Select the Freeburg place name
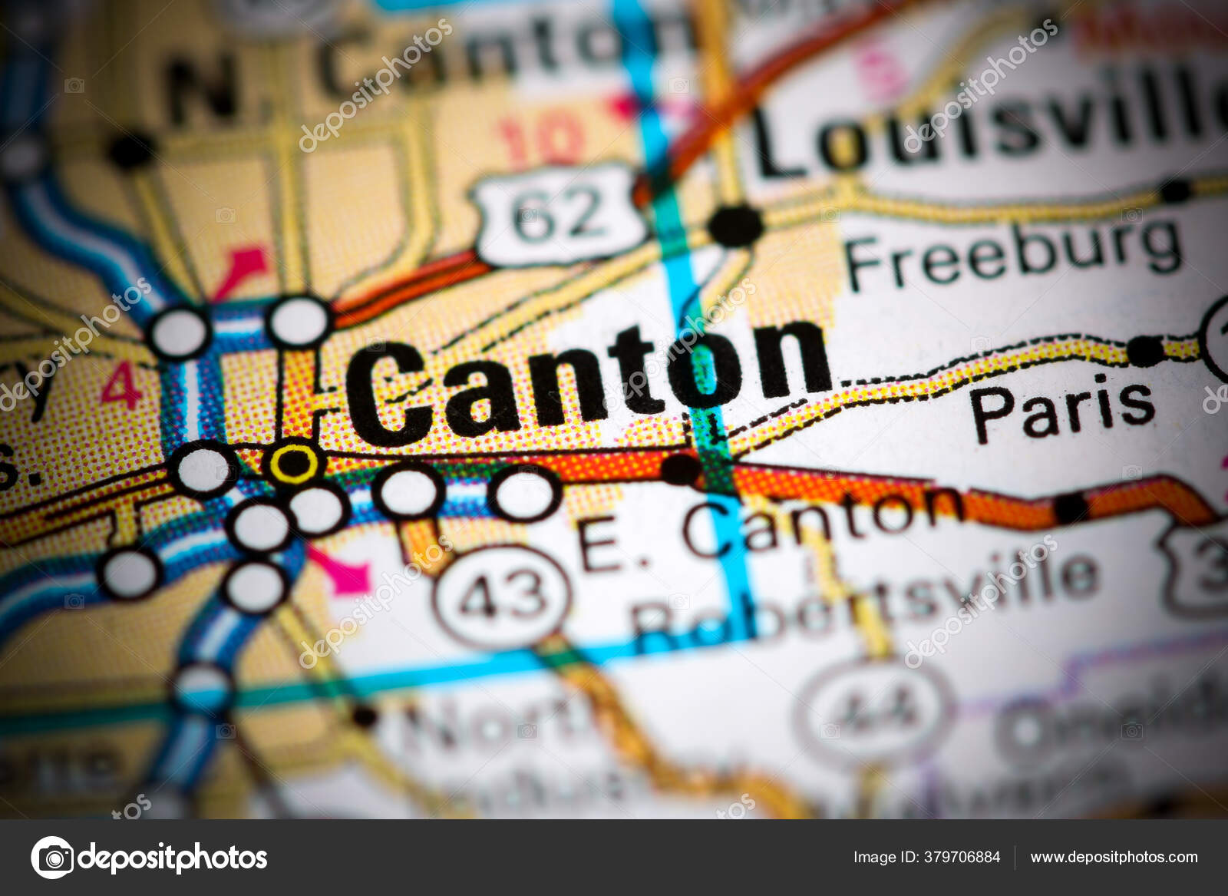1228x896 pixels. click(1013, 253)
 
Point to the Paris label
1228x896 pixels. click(1063, 408)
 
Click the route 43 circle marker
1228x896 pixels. click(503, 595)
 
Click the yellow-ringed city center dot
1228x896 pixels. click(293, 462)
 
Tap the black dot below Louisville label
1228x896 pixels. click(735, 225)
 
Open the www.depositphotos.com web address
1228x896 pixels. click(1114, 857)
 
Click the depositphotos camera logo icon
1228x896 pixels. click(53, 857)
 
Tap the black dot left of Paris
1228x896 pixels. click(1145, 352)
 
